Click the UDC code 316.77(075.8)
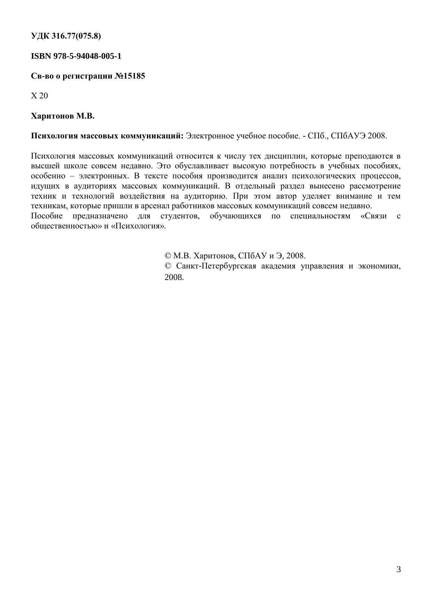point(76,36)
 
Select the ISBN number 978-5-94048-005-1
point(87,56)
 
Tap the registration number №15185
point(129,76)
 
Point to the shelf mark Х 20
point(39,96)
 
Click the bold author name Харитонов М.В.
point(63,116)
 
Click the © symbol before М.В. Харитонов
point(168,256)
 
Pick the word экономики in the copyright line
point(379,266)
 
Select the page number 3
point(399,570)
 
